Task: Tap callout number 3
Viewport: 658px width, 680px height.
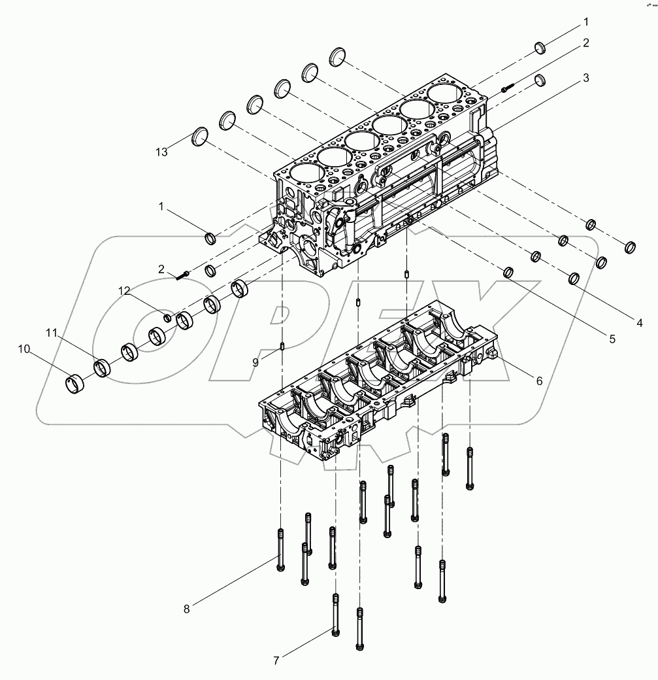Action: [x=586, y=78]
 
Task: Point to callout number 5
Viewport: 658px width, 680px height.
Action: [x=612, y=339]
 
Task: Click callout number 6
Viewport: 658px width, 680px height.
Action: [x=539, y=381]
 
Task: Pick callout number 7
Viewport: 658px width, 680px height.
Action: [x=276, y=661]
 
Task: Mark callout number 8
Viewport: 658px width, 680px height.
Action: [x=186, y=609]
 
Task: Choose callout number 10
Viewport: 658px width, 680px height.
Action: [x=24, y=350]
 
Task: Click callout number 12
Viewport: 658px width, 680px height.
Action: [x=124, y=289]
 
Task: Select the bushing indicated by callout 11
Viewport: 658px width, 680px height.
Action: [x=103, y=367]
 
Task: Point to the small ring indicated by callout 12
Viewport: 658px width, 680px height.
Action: [x=167, y=318]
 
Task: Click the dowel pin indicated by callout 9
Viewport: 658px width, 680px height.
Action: [x=282, y=347]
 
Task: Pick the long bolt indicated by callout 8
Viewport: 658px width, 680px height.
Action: [x=280, y=549]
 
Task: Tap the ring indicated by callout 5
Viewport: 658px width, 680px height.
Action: [x=508, y=272]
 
